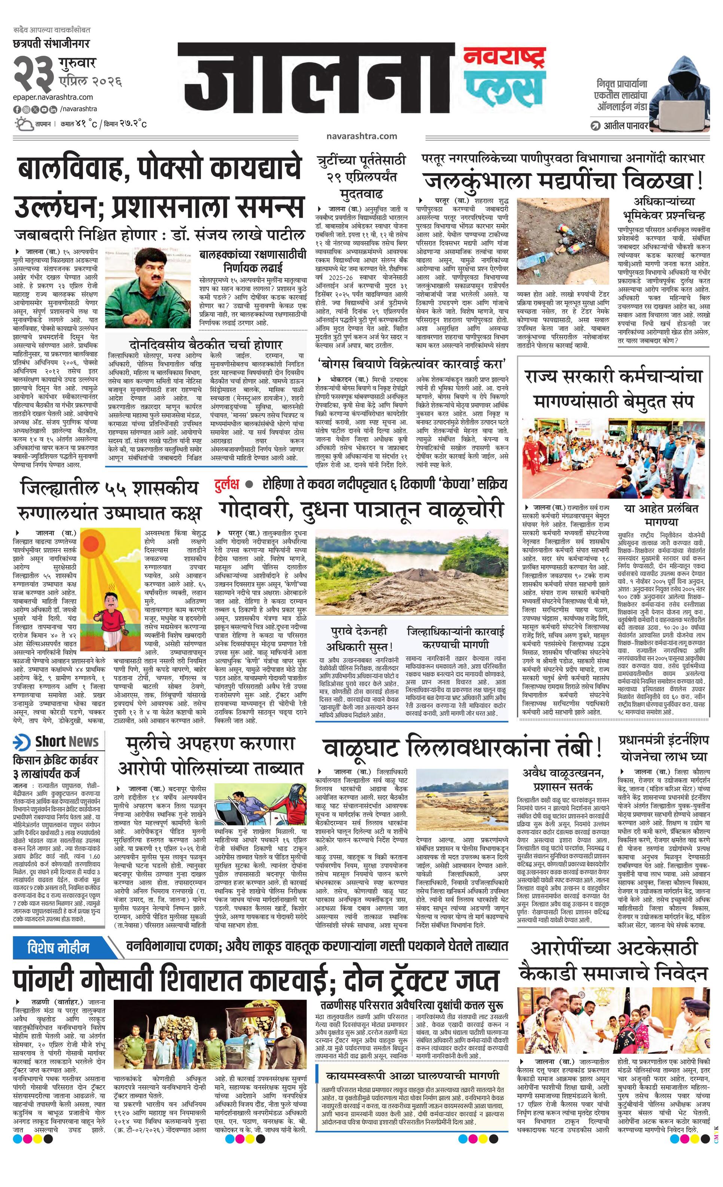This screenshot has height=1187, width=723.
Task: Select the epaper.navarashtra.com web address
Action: click(53, 97)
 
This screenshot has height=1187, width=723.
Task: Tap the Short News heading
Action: click(67, 742)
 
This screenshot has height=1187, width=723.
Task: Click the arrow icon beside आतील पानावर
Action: click(596, 126)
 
